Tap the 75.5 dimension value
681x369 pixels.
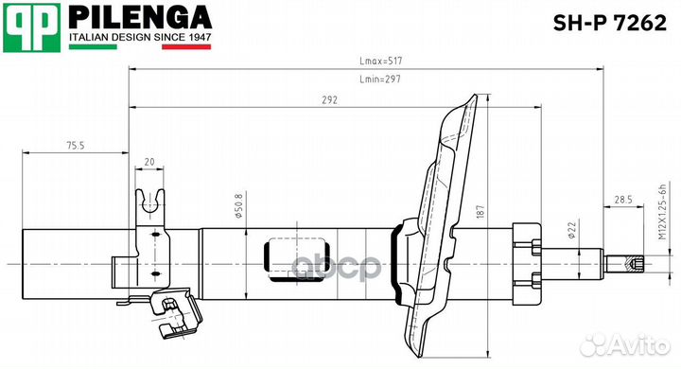(76, 145)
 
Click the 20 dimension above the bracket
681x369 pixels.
(149, 162)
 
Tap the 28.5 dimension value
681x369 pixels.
(622, 200)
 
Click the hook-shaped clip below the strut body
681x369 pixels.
(175, 317)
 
